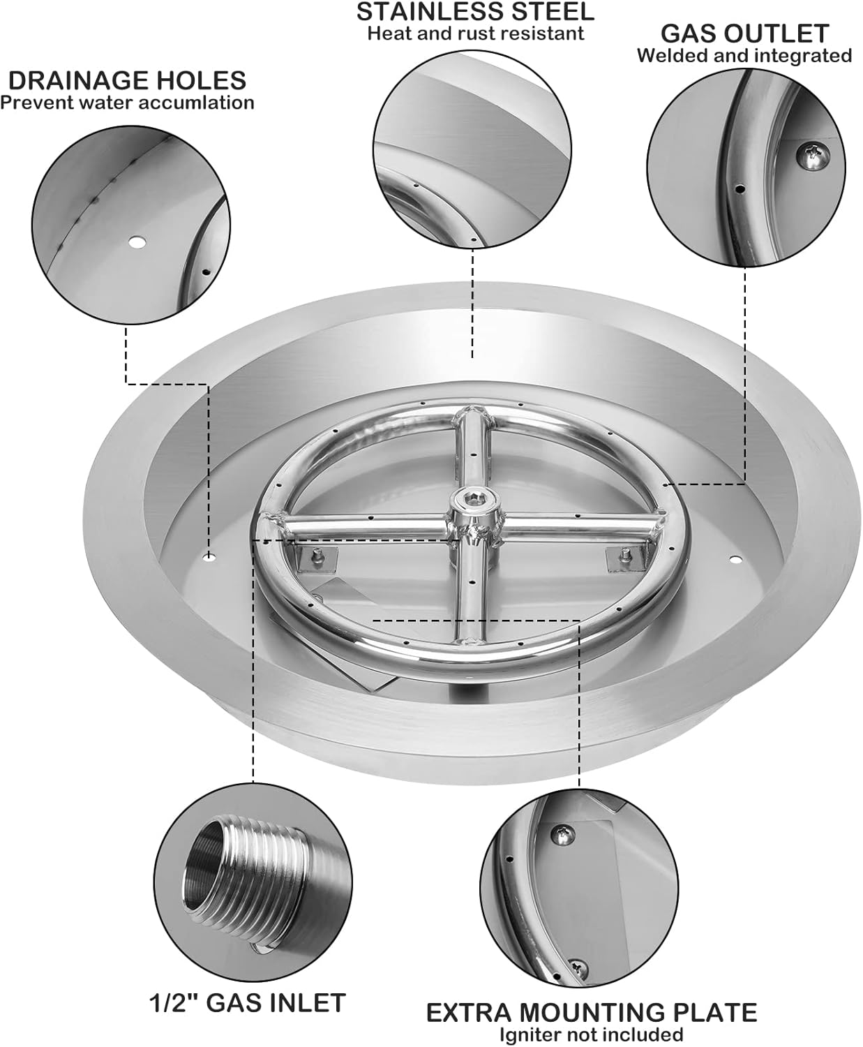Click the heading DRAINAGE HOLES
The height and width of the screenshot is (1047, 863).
pyautogui.click(x=127, y=80)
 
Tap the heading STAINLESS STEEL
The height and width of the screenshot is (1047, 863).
pyautogui.click(x=475, y=11)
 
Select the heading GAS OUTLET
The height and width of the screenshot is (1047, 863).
pyautogui.click(x=744, y=33)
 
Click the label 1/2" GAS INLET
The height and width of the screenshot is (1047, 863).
pyautogui.click(x=248, y=1003)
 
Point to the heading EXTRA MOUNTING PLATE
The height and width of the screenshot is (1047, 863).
pyautogui.click(x=592, y=1012)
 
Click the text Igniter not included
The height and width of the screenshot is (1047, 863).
pyautogui.click(x=591, y=1034)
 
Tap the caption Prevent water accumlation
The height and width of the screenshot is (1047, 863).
pyautogui.click(x=127, y=103)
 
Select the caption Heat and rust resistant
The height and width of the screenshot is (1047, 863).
pyautogui.click(x=475, y=33)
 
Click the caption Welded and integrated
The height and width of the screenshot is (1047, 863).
pyautogui.click(x=744, y=55)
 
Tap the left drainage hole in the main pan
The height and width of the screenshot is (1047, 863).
pyautogui.click(x=209, y=557)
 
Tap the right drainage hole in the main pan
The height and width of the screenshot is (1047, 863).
pyautogui.click(x=734, y=559)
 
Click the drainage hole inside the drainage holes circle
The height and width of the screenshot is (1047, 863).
pyautogui.click(x=137, y=242)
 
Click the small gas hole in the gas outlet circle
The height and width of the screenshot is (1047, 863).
pyautogui.click(x=741, y=188)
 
